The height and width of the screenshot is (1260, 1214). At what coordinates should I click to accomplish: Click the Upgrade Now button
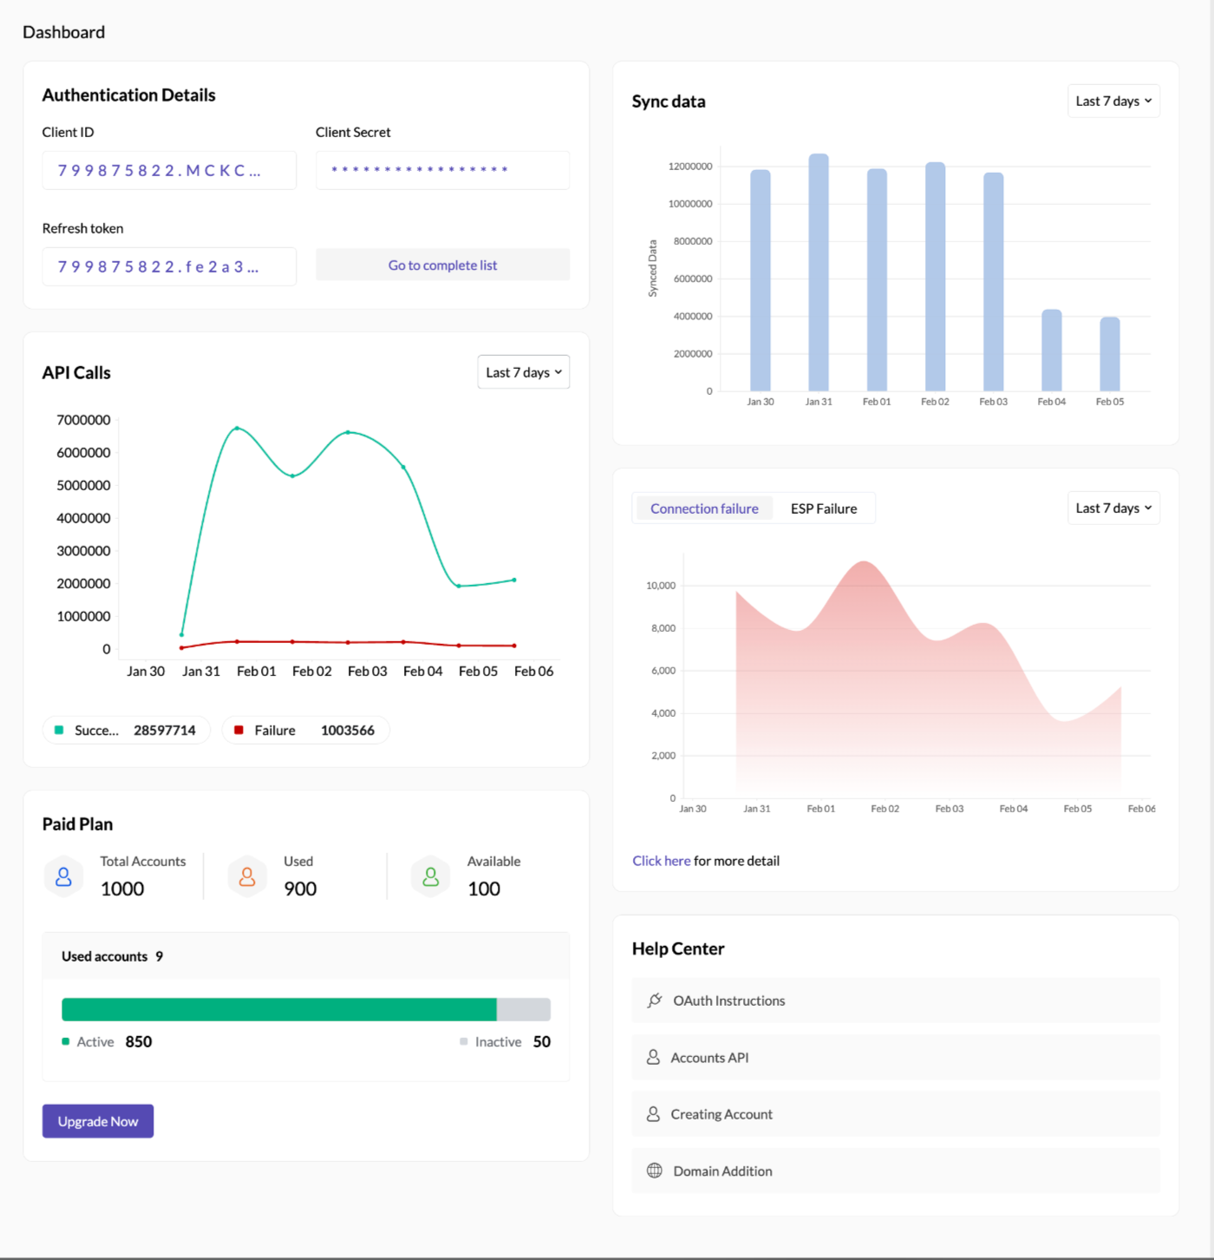pyautogui.click(x=98, y=1121)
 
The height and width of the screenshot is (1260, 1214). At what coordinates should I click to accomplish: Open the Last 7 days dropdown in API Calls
pyautogui.click(x=523, y=372)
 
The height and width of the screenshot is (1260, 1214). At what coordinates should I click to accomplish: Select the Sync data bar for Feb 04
pyautogui.click(x=1051, y=351)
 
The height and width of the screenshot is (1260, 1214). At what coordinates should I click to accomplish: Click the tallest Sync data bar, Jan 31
pyautogui.click(x=819, y=272)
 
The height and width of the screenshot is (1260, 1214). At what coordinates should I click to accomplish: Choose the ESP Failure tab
pyautogui.click(x=823, y=509)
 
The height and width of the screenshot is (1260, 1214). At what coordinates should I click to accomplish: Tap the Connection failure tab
pyautogui.click(x=704, y=509)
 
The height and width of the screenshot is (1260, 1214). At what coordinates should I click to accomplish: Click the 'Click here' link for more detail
pyautogui.click(x=661, y=861)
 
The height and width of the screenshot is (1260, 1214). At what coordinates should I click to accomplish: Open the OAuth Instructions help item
pyautogui.click(x=728, y=1001)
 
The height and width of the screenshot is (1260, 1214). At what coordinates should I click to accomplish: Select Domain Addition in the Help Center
pyautogui.click(x=722, y=1171)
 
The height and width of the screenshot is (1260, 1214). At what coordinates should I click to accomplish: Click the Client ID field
pyautogui.click(x=169, y=170)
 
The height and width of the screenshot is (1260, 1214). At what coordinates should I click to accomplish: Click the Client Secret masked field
pyautogui.click(x=442, y=170)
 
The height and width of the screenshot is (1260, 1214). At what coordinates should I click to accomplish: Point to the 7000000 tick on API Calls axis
pyautogui.click(x=83, y=420)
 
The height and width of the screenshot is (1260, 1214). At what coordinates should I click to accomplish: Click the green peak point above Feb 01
pyautogui.click(x=237, y=428)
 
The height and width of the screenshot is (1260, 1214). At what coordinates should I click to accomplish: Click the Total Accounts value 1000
pyautogui.click(x=122, y=889)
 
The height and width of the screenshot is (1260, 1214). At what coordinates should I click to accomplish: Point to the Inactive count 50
pyautogui.click(x=541, y=1041)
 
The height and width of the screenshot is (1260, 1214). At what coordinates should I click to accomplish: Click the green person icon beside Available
pyautogui.click(x=430, y=876)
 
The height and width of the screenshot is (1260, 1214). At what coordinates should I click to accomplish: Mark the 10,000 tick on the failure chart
pyautogui.click(x=661, y=586)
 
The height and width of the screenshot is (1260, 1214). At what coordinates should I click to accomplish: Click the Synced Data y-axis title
pyautogui.click(x=653, y=269)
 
